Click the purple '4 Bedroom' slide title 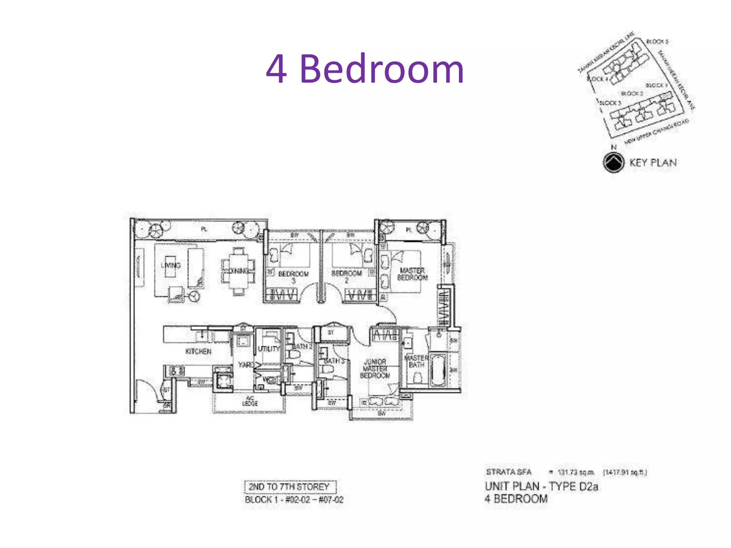click(365, 68)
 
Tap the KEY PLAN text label click(653, 163)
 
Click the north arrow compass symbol click(614, 162)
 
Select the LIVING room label click(171, 265)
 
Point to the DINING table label click(239, 271)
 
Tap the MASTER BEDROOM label click(412, 274)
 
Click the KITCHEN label click(198, 351)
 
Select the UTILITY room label click(269, 349)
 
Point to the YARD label click(246, 365)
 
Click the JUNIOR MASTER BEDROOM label click(375, 369)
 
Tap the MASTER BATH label click(416, 361)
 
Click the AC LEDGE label click(250, 401)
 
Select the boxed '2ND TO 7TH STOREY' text click(289, 487)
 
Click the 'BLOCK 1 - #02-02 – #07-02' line click(294, 499)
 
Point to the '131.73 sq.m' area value click(576, 472)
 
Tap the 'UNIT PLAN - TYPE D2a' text click(541, 486)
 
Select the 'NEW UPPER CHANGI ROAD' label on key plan click(657, 132)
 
